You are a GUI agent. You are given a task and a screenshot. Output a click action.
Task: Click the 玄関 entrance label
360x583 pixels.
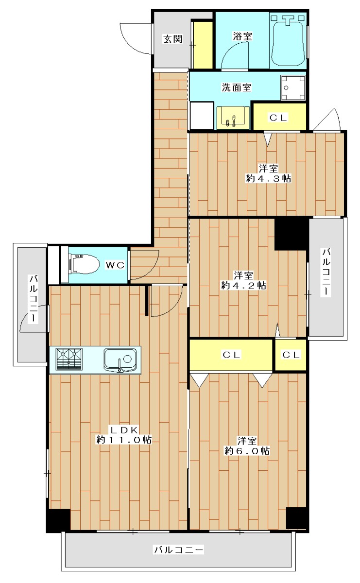point(172,39)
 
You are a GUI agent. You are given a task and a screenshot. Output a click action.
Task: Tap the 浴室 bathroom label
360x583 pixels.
point(242,36)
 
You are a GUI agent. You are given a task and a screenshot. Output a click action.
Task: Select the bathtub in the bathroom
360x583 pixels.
point(288,41)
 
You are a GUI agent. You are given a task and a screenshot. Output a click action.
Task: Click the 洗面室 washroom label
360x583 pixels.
point(236,87)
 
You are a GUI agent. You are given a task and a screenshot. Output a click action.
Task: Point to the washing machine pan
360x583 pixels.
point(293,87)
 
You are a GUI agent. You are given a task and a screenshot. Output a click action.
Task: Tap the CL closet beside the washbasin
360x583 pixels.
point(278,118)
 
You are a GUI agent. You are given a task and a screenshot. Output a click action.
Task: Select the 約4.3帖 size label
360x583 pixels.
point(268,179)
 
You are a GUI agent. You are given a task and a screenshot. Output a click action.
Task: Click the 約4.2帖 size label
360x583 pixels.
point(243,286)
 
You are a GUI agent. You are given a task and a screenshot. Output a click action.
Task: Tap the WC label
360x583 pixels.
point(115,265)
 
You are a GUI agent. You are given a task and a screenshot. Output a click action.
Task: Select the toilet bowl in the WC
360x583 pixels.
point(85,264)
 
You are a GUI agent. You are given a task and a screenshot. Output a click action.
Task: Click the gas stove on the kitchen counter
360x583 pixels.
point(69,359)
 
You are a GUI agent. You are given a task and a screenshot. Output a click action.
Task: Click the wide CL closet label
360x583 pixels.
point(231,355)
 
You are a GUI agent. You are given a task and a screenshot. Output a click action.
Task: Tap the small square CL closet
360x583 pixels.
point(291,355)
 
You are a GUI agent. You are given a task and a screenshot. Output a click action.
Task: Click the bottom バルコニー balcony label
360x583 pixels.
point(179,549)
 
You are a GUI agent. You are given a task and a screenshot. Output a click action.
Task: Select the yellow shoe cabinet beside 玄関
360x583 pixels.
point(202,45)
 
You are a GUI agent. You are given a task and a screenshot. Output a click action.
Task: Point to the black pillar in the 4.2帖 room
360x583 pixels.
point(290,234)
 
